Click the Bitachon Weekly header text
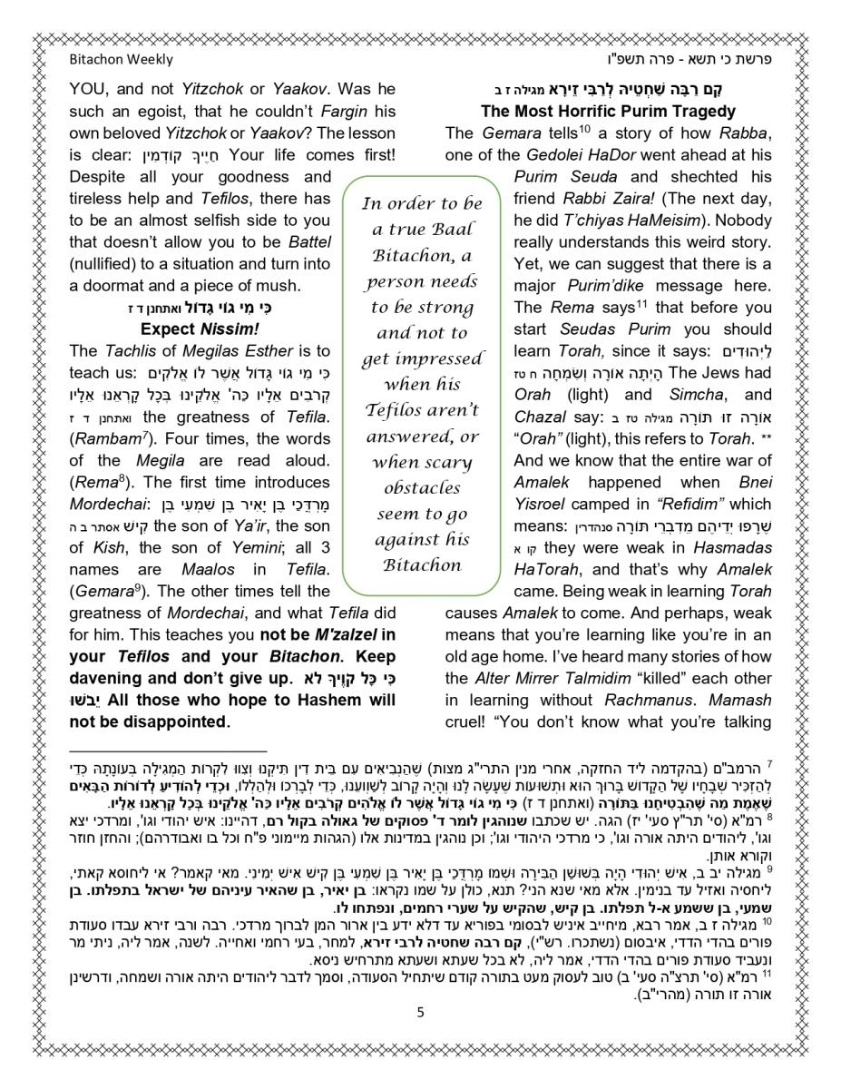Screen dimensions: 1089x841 click(x=120, y=60)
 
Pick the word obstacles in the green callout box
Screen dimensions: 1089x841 click(x=421, y=487)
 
